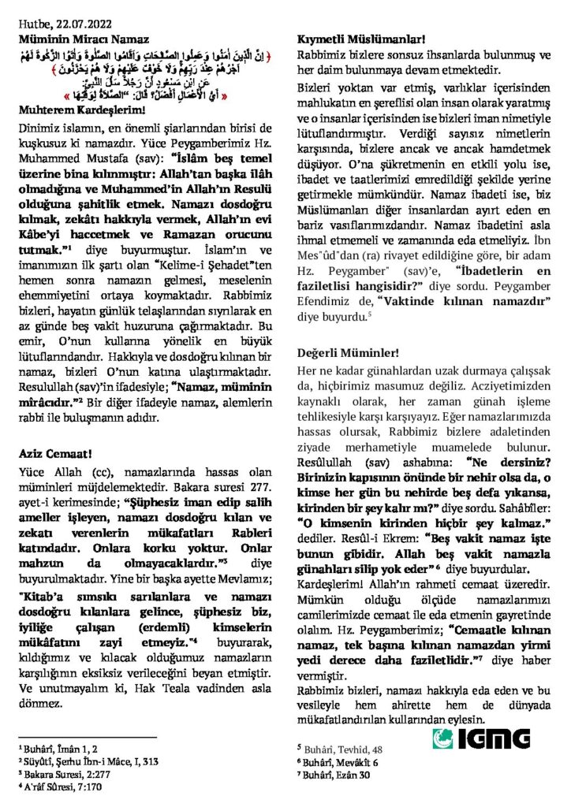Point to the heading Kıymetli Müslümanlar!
point(360,38)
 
